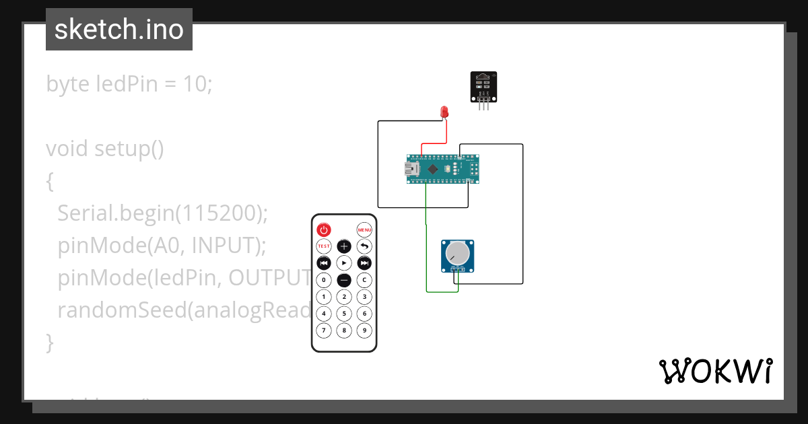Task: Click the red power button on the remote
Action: (324, 229)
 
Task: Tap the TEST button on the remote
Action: (324, 246)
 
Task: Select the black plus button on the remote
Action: (344, 246)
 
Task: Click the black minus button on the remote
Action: (344, 279)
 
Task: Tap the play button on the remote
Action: (344, 263)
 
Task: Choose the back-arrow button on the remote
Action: (364, 246)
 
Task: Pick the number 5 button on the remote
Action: (344, 314)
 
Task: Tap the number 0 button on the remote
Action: (324, 279)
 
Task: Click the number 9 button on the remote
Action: (364, 330)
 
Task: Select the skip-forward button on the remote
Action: (364, 263)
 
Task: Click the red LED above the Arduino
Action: (444, 111)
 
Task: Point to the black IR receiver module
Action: (483, 87)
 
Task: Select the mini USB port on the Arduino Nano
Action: (411, 170)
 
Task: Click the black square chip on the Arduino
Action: (433, 170)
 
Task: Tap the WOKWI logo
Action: (715, 372)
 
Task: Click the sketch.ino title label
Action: (119, 30)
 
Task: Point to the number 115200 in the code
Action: (219, 213)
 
